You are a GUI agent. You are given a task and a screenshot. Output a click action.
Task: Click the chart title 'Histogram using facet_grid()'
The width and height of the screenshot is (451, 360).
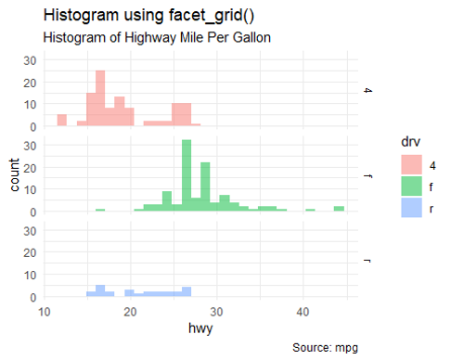pyautogui.click(x=148, y=16)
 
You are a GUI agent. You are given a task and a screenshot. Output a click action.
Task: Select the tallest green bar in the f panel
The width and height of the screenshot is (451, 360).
pyautogui.click(x=186, y=175)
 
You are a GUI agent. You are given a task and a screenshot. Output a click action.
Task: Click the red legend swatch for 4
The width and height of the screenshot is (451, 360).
pyautogui.click(x=409, y=164)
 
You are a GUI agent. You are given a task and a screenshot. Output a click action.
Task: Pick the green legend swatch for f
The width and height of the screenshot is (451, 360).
pyautogui.click(x=409, y=186)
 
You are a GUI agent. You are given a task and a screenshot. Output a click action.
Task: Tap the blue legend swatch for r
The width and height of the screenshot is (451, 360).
pyautogui.click(x=409, y=209)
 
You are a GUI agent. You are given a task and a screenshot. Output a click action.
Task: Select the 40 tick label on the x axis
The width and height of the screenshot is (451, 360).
pyautogui.click(x=303, y=312)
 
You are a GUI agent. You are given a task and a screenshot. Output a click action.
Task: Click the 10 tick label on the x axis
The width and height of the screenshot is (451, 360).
pyautogui.click(x=45, y=312)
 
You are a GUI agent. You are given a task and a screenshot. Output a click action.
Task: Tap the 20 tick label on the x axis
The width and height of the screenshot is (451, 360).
pyautogui.click(x=131, y=312)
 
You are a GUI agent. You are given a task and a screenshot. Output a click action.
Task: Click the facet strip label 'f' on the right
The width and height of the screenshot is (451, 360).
pyautogui.click(x=368, y=175)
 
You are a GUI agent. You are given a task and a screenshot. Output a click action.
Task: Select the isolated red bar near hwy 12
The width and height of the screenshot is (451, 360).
pyautogui.click(x=61, y=121)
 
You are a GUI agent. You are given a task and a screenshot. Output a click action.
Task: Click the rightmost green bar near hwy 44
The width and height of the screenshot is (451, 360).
pyautogui.click(x=340, y=209)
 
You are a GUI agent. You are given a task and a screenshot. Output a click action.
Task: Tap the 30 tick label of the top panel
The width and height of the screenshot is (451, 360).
pyautogui.click(x=29, y=59)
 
